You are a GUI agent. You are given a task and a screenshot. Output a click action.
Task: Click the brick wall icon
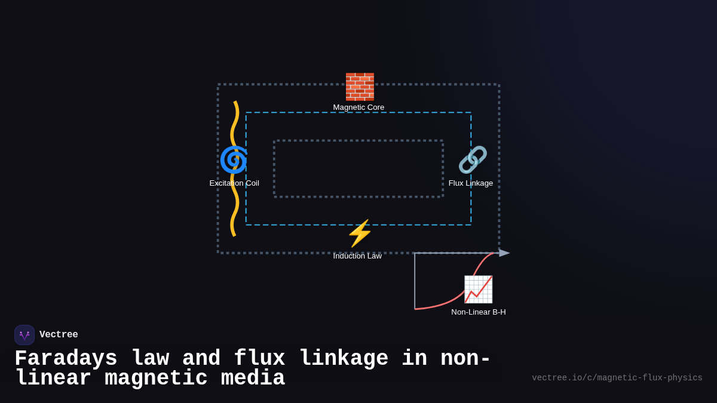pos(359,87)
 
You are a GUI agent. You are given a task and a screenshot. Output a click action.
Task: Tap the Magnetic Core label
pos(358,107)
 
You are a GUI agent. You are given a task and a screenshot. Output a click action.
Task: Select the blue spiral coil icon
pos(233,159)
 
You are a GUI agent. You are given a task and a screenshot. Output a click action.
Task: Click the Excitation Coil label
pos(234,183)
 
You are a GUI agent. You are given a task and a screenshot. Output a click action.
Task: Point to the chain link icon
pos(472,159)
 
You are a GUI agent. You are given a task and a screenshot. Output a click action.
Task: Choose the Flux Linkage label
pos(471,183)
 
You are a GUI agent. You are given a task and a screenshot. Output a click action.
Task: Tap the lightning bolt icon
pos(359,233)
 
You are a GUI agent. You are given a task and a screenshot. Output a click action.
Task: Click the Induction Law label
pos(357,256)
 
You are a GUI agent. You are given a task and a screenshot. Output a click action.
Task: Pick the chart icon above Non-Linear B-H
pos(478,290)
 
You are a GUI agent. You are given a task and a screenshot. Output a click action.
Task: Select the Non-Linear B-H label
pos(478,312)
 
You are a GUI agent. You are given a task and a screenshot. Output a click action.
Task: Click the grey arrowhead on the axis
pos(504,253)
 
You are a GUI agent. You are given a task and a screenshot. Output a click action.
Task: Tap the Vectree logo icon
pos(24,335)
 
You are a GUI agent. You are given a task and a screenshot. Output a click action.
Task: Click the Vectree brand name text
pos(59,335)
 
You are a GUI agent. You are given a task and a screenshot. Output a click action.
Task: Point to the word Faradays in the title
pos(66,359)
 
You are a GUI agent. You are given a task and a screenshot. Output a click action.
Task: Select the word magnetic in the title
pos(156,379)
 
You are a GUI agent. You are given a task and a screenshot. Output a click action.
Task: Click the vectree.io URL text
pos(617,378)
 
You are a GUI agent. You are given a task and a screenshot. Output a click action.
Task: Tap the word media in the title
pos(253,379)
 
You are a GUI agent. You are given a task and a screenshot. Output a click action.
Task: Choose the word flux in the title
pos(259,359)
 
